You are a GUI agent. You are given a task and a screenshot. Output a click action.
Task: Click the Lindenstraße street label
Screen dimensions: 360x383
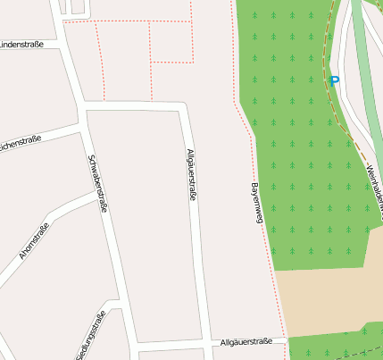(27, 44)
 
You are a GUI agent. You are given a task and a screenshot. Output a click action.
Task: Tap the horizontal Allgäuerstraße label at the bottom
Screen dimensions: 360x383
(245, 342)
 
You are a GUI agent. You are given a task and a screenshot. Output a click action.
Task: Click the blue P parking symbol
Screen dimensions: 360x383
(335, 80)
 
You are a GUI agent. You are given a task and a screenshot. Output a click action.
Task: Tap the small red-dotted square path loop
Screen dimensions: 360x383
(171, 42)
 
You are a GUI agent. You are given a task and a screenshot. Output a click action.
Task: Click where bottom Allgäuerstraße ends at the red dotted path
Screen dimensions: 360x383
(286, 340)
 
